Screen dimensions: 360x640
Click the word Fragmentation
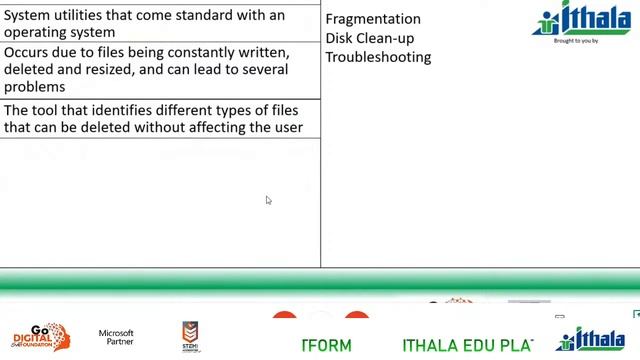[x=373, y=19]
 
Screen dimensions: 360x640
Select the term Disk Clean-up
[x=370, y=38]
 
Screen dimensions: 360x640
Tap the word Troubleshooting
[x=378, y=57]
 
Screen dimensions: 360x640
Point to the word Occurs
[x=27, y=52]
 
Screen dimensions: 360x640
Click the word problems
[x=34, y=87]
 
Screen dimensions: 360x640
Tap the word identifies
[x=127, y=110]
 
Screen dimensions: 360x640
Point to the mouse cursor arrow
[x=268, y=200]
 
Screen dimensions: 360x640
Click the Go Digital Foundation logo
[x=40, y=337]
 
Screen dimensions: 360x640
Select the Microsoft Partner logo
[x=116, y=338]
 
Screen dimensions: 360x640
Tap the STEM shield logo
[x=190, y=337]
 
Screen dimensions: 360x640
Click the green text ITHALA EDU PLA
[x=467, y=346]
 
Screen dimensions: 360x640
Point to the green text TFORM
[x=327, y=346]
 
